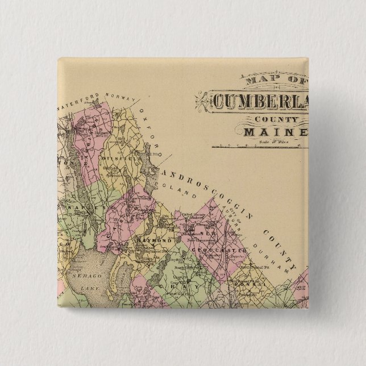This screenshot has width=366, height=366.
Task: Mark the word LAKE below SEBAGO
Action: (x=90, y=289)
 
